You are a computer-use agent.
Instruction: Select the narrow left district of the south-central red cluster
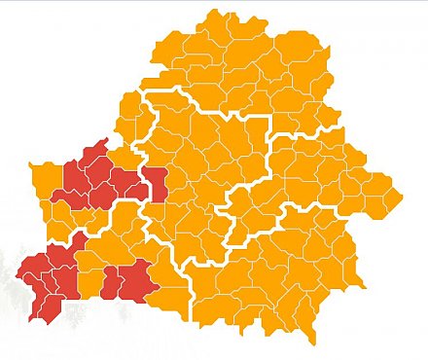tap(109, 282)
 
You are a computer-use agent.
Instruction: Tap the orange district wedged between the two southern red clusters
tap(89, 283)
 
